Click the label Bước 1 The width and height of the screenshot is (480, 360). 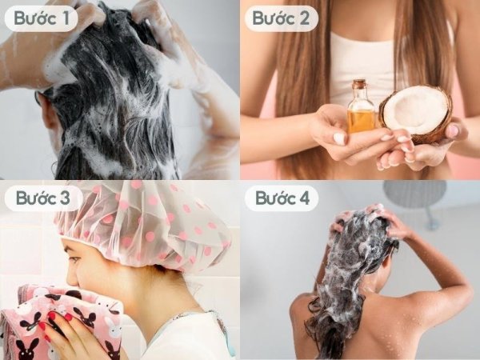(41, 18)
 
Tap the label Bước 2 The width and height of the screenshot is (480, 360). (281, 18)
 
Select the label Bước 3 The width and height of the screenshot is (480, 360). (42, 198)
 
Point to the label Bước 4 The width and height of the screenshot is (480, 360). (282, 198)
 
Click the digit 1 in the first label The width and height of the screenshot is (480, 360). (65, 18)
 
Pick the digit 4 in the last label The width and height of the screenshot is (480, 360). (304, 198)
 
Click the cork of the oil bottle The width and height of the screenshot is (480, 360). (358, 85)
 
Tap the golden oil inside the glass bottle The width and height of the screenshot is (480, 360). (361, 120)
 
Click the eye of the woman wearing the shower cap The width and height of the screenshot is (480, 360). (74, 259)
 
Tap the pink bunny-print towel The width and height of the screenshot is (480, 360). (62, 322)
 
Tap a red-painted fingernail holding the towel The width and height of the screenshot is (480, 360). (52, 314)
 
